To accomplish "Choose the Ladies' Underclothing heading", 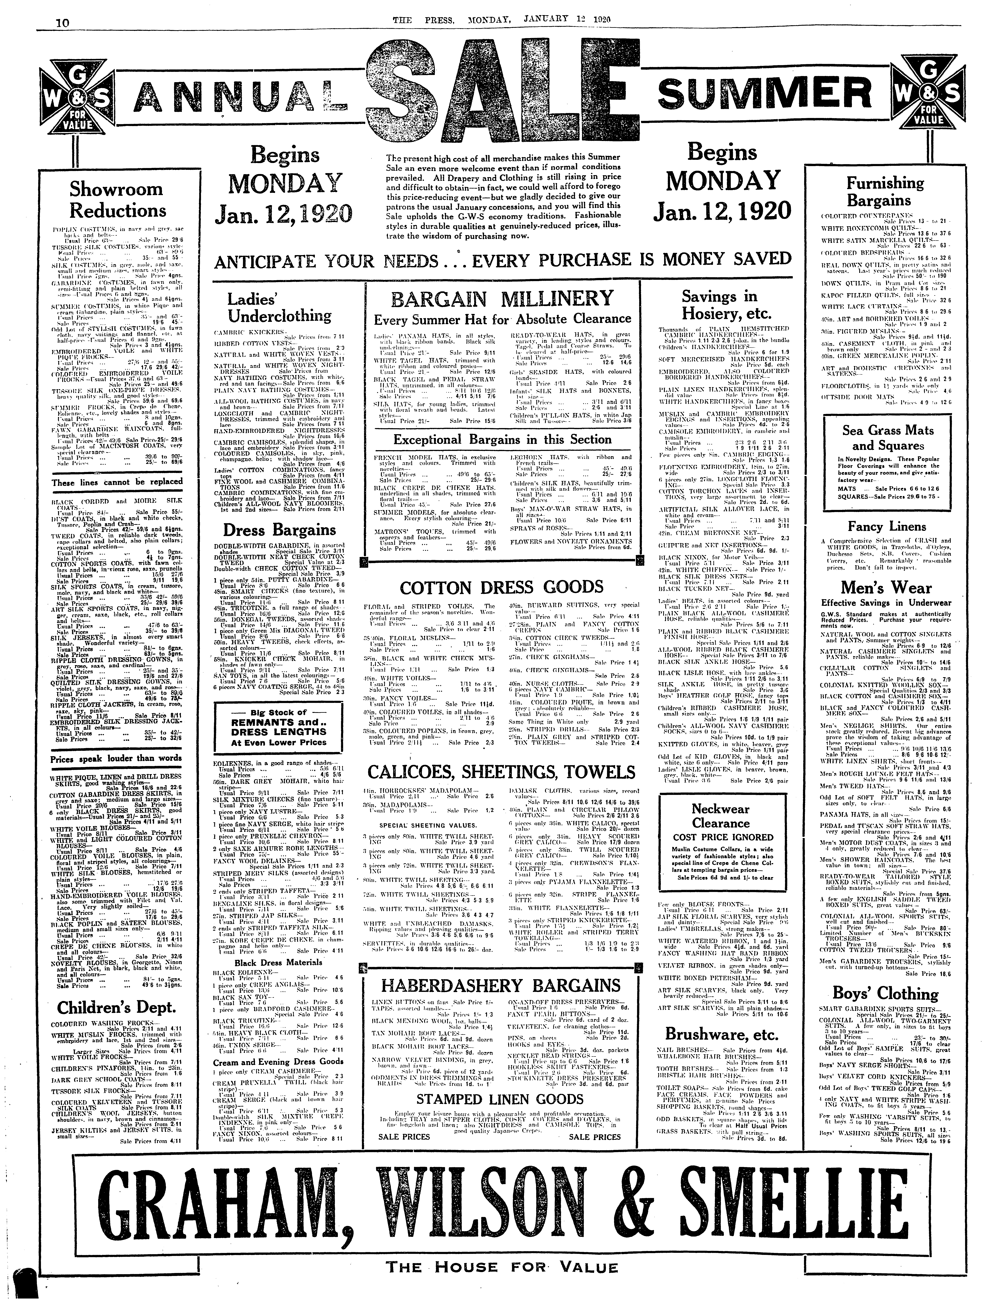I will tap(279, 308).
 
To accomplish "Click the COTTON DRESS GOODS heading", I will tap(502, 587).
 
